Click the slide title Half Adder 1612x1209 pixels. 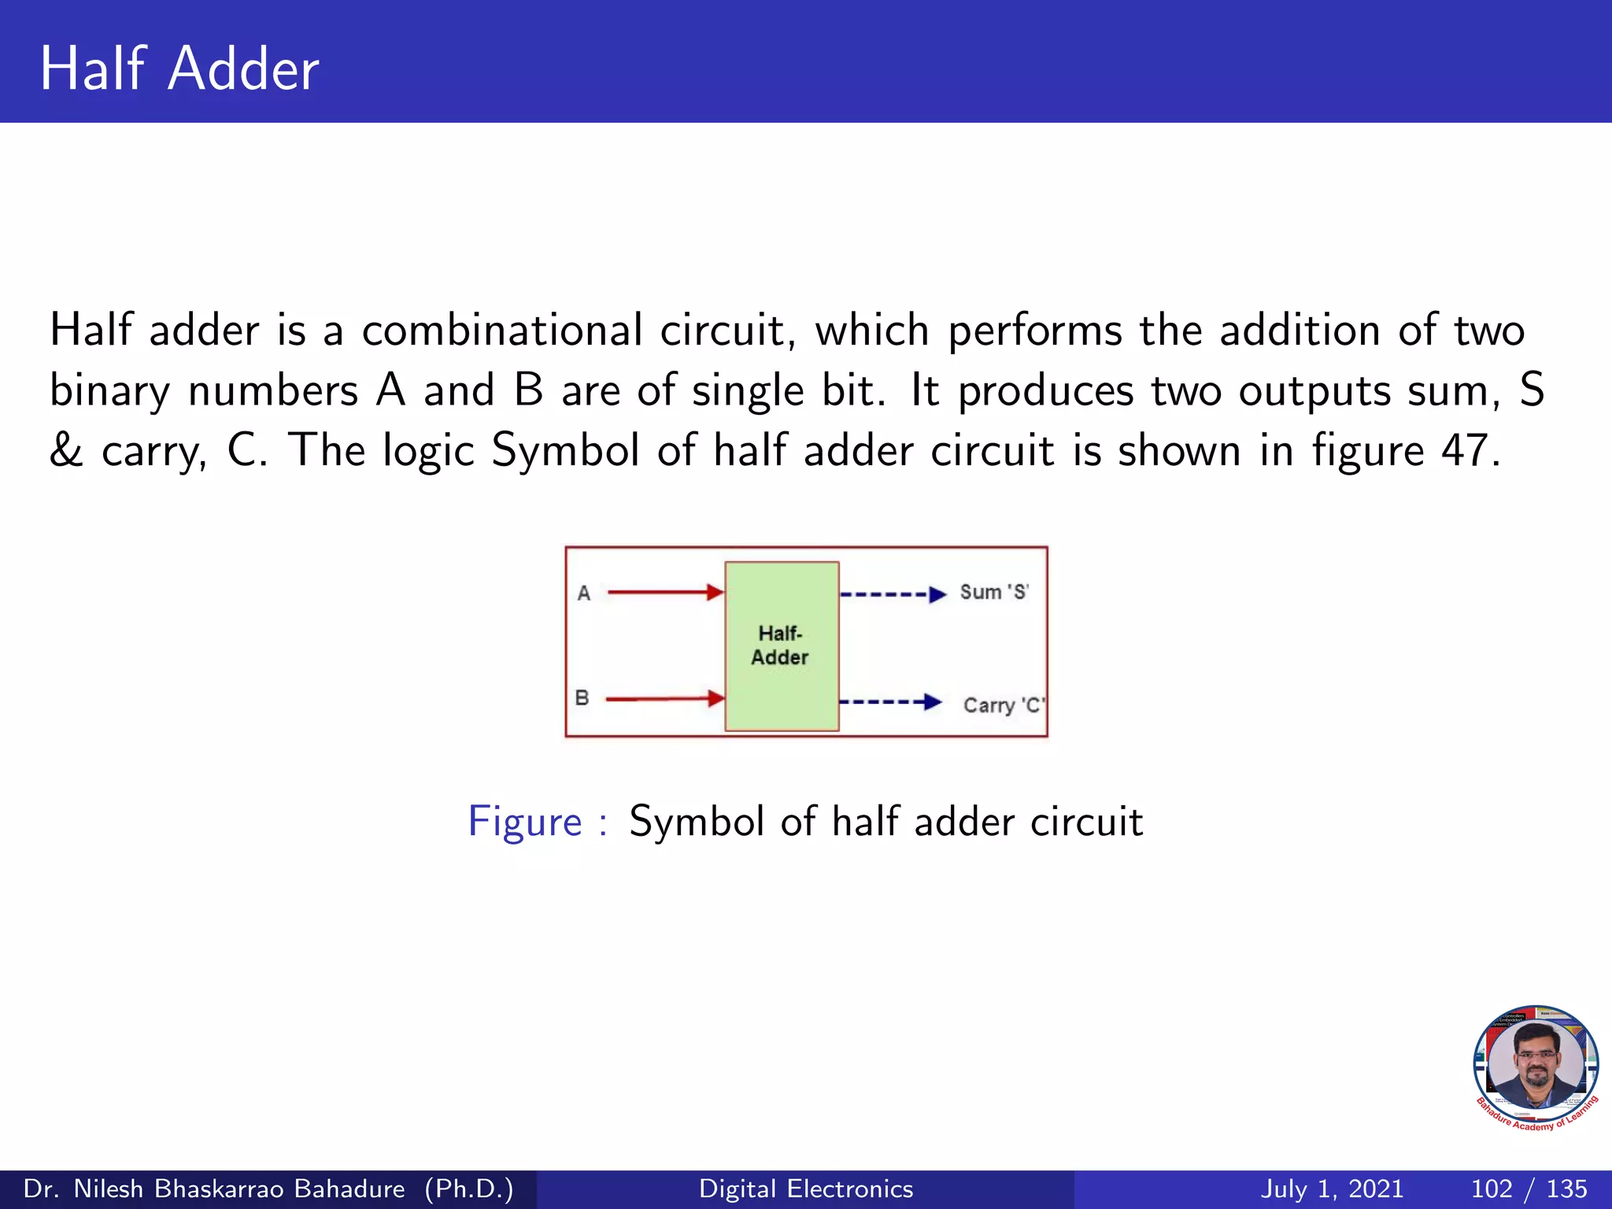[179, 69]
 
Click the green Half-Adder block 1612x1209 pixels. [781, 645]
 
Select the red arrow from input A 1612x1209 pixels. [665, 592]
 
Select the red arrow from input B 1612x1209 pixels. [665, 698]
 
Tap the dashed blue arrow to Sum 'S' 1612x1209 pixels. [893, 593]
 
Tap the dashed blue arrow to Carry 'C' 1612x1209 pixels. [889, 701]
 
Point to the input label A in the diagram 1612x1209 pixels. [583, 593]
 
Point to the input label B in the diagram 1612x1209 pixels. [582, 698]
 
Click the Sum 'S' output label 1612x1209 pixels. [994, 592]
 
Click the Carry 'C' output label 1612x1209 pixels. [1004, 705]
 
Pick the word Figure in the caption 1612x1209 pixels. [525, 823]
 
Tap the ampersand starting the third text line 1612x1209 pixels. [66, 451]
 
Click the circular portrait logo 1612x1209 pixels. [1536, 1067]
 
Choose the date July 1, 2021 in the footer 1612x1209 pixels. [1332, 1189]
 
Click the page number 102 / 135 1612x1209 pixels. [1529, 1189]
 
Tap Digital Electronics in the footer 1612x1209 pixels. [806, 1189]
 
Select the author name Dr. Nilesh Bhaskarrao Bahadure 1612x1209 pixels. [214, 1189]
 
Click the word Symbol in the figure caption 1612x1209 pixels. [696, 823]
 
